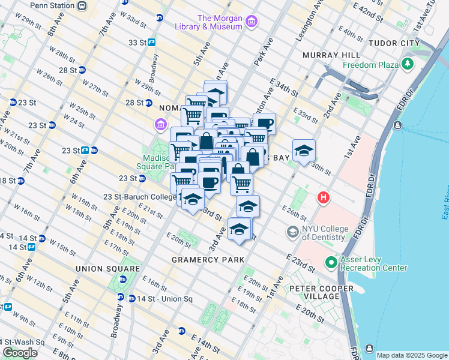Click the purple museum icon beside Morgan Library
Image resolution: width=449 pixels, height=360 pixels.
(x=252, y=22)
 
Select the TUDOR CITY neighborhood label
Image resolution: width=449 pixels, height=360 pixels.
(x=394, y=44)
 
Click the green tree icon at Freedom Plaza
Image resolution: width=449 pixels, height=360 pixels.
(x=409, y=64)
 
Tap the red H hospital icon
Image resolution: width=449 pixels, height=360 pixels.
(x=324, y=197)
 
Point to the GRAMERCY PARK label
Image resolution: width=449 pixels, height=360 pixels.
(x=208, y=260)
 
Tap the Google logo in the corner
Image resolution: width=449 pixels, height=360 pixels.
(x=20, y=353)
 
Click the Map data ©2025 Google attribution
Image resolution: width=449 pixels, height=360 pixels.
(x=411, y=355)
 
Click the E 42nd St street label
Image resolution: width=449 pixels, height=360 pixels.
(x=367, y=11)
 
